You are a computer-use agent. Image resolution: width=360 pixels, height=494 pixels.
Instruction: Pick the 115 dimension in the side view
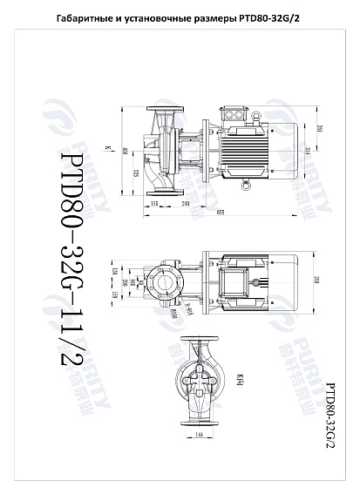tap(154, 202)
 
